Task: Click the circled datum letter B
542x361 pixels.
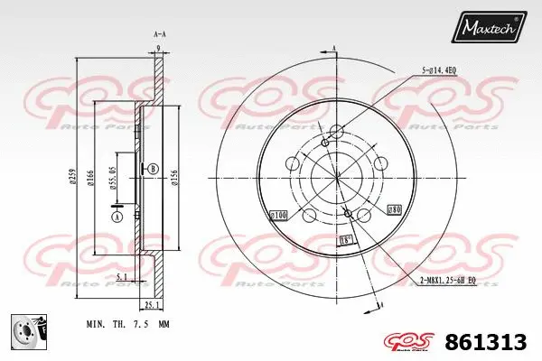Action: coord(153,169)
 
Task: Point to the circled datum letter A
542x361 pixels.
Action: coord(117,217)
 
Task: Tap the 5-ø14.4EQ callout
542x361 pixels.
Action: coord(440,69)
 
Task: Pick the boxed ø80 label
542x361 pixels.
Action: coord(394,210)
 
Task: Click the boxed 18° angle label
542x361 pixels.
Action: coord(343,240)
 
